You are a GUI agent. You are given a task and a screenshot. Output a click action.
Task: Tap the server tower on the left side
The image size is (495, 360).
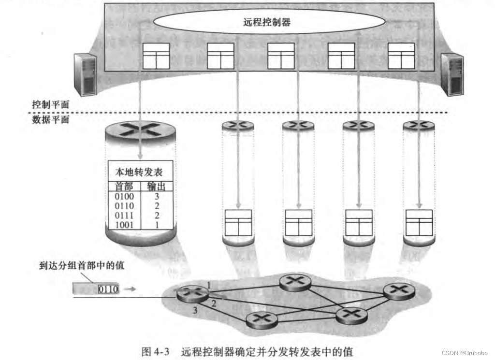85,74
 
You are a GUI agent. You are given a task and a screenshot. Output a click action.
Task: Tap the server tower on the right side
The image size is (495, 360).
452,74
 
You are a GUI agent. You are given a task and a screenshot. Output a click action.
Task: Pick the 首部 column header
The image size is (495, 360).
123,187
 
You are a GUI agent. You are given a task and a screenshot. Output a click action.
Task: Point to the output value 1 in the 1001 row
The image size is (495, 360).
156,225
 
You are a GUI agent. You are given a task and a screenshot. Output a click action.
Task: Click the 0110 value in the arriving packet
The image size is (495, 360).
108,289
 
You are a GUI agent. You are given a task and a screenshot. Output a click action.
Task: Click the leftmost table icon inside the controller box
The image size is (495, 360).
156,56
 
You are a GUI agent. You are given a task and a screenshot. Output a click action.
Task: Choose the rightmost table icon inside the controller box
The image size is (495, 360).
401,56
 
